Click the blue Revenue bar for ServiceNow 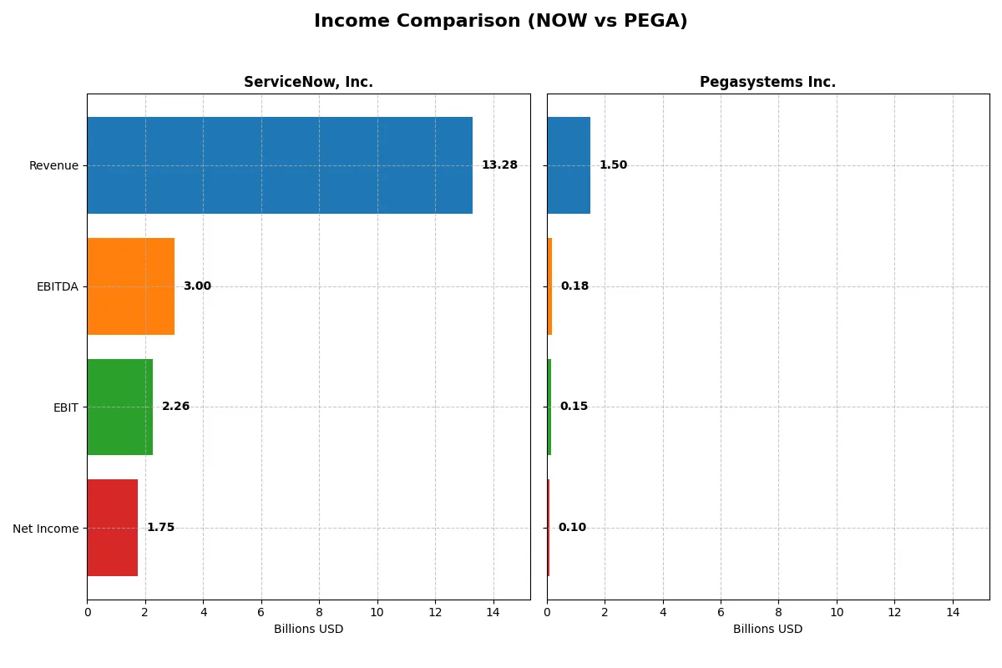[280, 165]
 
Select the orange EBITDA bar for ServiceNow [131, 286]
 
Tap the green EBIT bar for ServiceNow [120, 407]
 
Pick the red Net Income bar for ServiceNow [113, 528]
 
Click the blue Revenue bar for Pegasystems [569, 165]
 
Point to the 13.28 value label [499, 165]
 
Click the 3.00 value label [197, 286]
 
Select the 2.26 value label [175, 407]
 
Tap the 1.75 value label [160, 528]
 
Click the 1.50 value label [613, 165]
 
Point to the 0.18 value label [574, 286]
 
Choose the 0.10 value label [572, 528]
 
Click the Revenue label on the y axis [53, 165]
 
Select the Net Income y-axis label [46, 529]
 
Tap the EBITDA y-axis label [57, 286]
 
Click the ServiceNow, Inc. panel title [308, 82]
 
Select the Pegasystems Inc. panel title [767, 82]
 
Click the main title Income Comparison [501, 22]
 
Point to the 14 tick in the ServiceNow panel [493, 611]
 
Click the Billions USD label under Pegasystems [767, 629]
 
